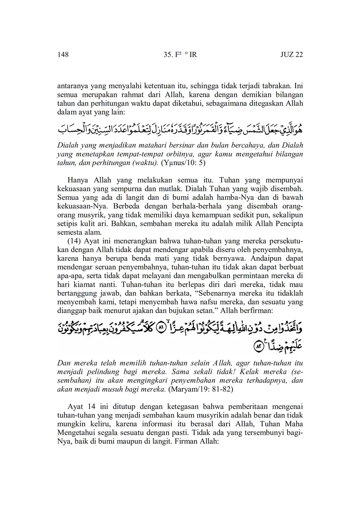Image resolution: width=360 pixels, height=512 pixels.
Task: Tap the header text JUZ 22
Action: (x=291, y=54)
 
